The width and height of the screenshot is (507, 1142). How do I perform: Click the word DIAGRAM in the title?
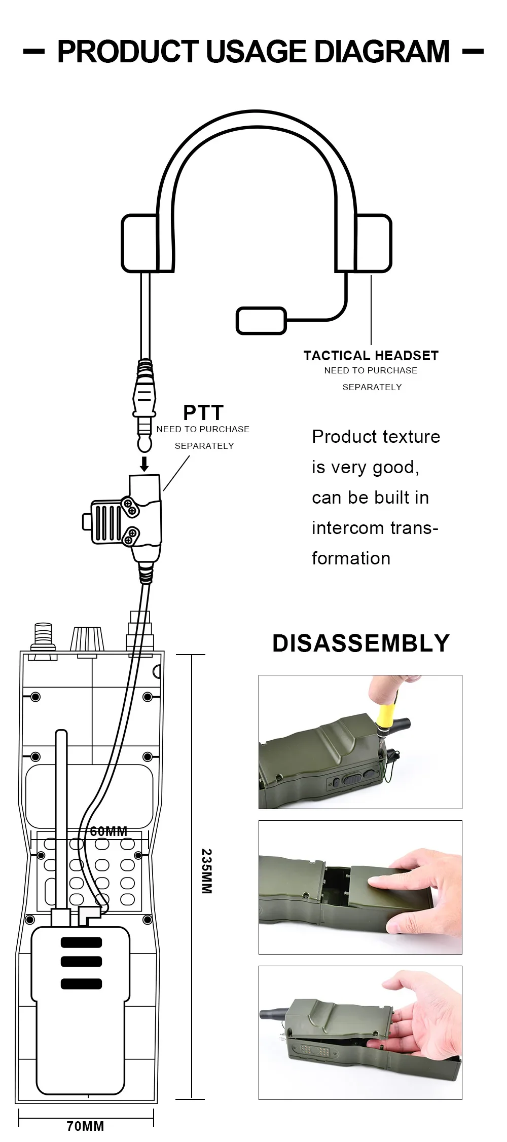point(382,52)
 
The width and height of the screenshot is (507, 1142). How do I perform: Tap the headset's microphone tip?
point(261,320)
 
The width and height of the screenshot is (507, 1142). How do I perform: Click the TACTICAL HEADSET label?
point(371,356)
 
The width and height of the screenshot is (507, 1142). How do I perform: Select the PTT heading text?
point(203,412)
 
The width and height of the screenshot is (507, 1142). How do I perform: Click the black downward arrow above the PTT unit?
point(144,464)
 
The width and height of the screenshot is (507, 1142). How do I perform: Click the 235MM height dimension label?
point(206,871)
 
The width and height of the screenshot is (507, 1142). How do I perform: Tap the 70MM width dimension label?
point(85,1126)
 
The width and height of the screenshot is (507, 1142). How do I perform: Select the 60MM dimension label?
point(108,831)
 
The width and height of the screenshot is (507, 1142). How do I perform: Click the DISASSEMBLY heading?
point(360,643)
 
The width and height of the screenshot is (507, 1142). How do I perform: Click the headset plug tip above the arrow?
point(144,443)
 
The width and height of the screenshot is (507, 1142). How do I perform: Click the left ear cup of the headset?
point(139,243)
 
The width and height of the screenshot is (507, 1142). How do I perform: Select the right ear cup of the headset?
point(373,243)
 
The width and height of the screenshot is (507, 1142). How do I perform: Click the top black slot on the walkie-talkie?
point(81,942)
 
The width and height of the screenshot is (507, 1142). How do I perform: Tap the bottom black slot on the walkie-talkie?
point(81,984)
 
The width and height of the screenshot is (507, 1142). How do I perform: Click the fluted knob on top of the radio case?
point(87,639)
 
